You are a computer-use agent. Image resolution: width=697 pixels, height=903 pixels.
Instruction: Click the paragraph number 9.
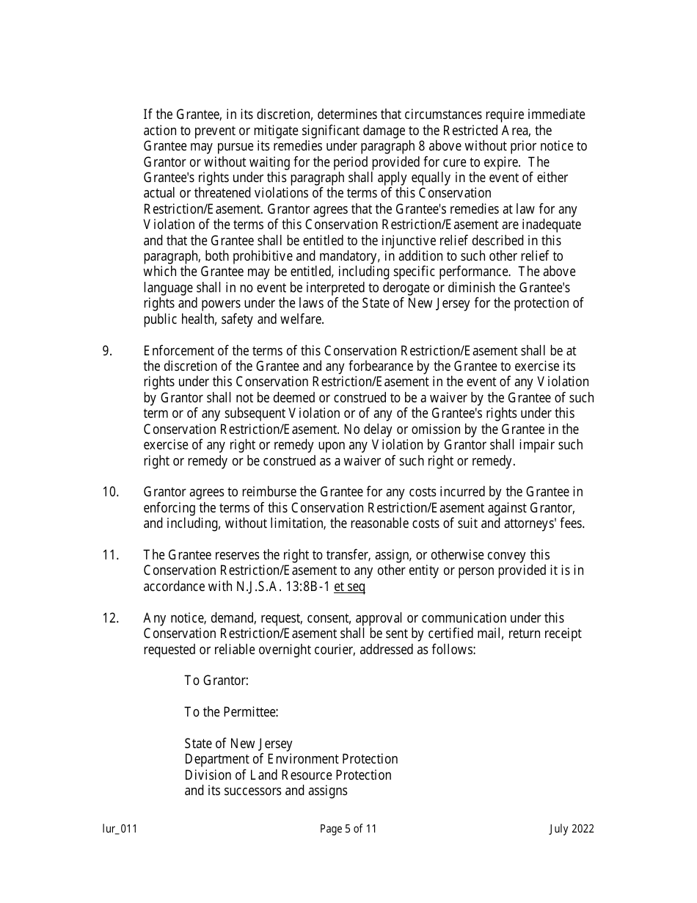pos(106,351)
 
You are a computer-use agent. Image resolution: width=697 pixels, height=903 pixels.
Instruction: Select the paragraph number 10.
pos(110,492)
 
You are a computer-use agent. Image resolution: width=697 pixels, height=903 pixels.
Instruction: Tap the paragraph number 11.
pos(110,555)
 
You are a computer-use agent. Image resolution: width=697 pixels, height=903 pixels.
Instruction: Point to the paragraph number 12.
pos(110,618)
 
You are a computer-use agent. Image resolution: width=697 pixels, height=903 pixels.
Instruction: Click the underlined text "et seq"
pos(349,587)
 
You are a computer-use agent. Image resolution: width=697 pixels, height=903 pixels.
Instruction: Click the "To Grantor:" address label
pos(216,681)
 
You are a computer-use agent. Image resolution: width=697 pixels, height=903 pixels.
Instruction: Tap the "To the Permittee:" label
pos(231,712)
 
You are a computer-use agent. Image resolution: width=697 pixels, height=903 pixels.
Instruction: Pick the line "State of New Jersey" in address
pos(238,744)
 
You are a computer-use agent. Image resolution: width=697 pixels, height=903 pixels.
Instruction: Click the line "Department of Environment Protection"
pos(291,759)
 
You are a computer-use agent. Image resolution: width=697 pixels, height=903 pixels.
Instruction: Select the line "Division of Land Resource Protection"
pos(288,775)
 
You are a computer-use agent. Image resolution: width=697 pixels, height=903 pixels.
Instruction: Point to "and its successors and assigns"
pos(266,791)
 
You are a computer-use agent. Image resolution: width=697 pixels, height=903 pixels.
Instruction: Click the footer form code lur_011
pos(120,830)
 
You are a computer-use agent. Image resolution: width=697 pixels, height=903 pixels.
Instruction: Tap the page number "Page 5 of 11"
pos(348,830)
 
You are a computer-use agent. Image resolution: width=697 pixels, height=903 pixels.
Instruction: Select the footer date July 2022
pos(572,830)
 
